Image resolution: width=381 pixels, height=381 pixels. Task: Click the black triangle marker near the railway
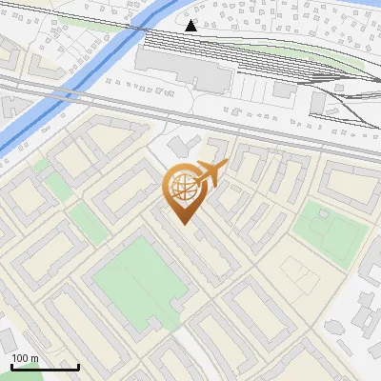click(191, 26)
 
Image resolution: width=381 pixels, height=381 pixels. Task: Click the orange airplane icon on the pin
click(211, 173)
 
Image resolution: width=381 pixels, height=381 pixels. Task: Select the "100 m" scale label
click(25, 358)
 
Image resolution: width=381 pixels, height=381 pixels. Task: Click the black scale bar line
click(45, 367)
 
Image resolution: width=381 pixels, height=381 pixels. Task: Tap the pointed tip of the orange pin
click(183, 223)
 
